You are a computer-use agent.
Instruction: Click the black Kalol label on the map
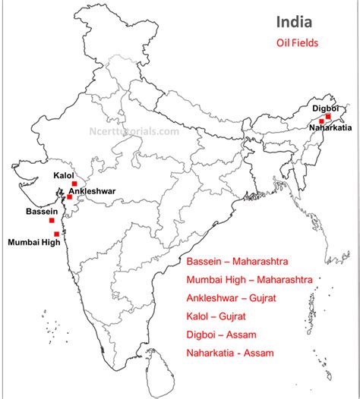pos(64,175)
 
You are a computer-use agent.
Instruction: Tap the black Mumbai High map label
pos(33,243)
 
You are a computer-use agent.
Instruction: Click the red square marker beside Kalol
pos(74,184)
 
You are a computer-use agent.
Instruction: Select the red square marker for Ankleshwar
pos(69,196)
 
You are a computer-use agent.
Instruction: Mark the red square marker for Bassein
pos(52,220)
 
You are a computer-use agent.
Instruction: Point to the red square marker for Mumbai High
pos(57,234)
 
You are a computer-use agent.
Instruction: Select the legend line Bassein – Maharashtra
pos(237,262)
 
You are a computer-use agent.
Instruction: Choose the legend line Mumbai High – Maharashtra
pos(249,280)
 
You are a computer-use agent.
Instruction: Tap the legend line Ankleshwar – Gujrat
pos(235,298)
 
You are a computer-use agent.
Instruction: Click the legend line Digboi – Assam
pos(221,335)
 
